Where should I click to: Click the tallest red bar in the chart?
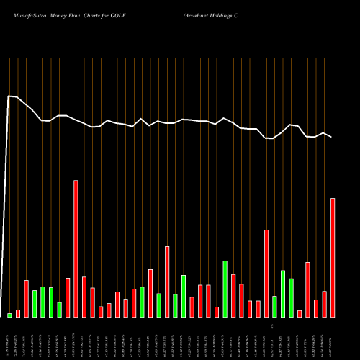(x=76, y=248)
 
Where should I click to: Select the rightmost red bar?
(x=333, y=257)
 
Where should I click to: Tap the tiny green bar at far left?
(x=10, y=315)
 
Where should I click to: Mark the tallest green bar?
(x=225, y=289)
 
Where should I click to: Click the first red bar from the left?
(x=18, y=313)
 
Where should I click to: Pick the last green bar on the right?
(x=291, y=297)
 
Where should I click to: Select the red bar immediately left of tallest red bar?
(x=68, y=297)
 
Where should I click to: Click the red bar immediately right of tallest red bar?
(x=84, y=297)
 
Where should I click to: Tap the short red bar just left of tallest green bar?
(x=217, y=312)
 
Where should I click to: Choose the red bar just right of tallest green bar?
(x=233, y=295)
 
